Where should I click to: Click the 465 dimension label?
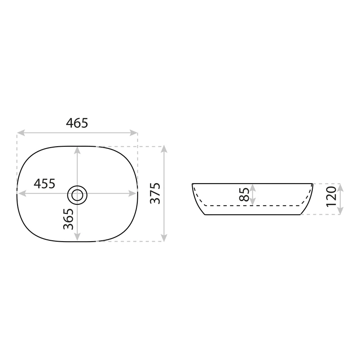(77, 123)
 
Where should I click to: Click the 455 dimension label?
(45, 184)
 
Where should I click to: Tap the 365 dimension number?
(68, 219)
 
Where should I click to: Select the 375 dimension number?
(155, 193)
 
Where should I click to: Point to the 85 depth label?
(244, 194)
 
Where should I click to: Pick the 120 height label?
(331, 197)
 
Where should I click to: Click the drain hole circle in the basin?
(77, 195)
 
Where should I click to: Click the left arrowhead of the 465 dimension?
(21, 133)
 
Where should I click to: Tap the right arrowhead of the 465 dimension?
(134, 133)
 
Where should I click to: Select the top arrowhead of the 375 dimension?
(164, 149)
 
